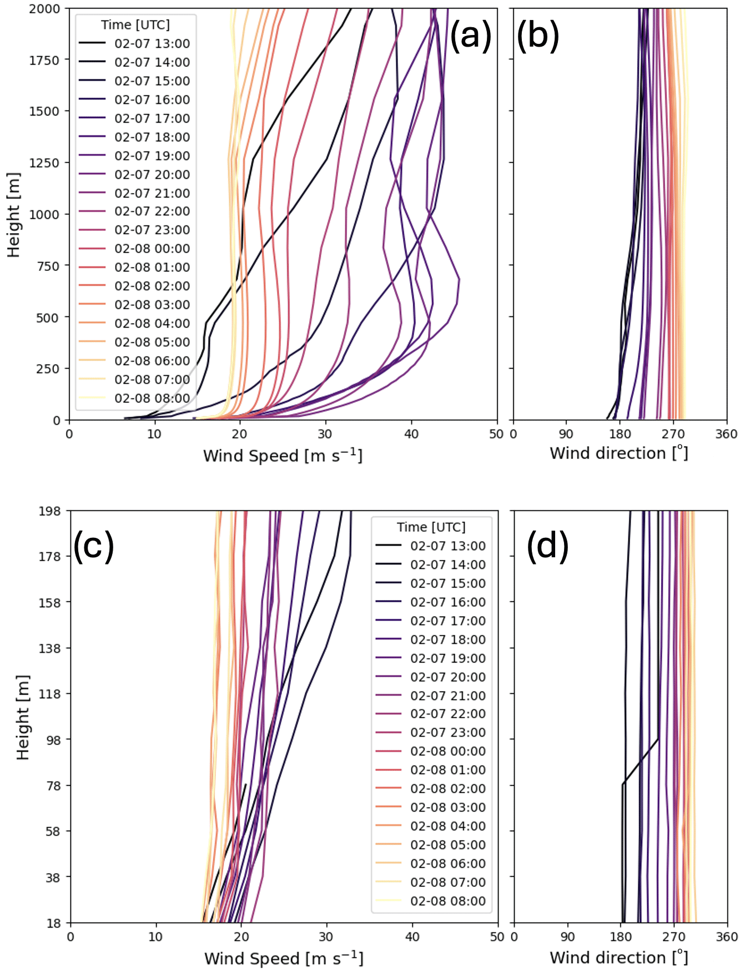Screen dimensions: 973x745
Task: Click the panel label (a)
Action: click(x=470, y=36)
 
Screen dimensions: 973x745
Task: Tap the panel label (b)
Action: click(x=537, y=36)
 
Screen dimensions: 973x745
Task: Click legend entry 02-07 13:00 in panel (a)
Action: click(x=152, y=44)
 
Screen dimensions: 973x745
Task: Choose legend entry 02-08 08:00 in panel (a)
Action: click(x=152, y=399)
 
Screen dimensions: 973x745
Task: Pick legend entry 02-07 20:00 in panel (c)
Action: click(x=448, y=677)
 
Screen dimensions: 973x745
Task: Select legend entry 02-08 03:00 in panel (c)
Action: click(x=448, y=808)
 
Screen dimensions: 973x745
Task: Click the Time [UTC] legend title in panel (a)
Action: click(x=135, y=25)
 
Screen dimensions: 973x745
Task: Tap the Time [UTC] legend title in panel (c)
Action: click(x=431, y=527)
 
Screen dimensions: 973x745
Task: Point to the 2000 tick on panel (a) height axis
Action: click(x=45, y=9)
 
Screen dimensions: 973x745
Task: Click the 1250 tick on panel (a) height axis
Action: click(x=45, y=163)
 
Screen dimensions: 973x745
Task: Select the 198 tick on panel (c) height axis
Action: click(x=49, y=511)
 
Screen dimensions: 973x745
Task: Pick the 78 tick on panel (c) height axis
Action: click(x=52, y=786)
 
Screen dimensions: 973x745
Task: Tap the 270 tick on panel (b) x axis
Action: click(x=673, y=434)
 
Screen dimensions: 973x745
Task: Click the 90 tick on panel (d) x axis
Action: click(x=567, y=937)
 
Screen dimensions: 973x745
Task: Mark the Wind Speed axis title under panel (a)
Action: click(x=283, y=456)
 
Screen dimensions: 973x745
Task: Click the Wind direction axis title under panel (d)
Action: click(x=618, y=957)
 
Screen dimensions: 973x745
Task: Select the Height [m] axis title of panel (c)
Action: click(x=22, y=717)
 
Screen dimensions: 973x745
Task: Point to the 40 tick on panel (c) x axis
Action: click(x=412, y=937)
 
